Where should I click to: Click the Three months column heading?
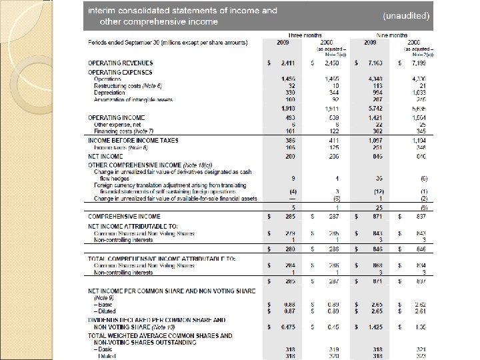click(302, 34)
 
